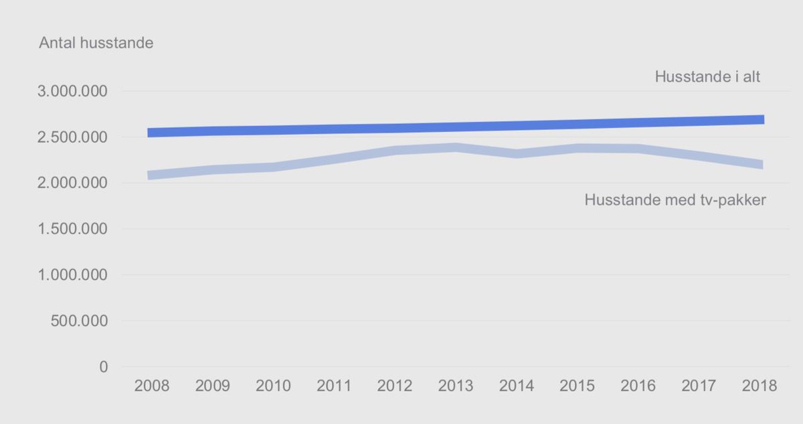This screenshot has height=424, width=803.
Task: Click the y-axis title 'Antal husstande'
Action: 96,43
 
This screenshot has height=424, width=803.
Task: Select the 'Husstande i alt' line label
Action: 707,77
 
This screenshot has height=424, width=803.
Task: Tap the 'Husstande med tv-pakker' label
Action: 675,200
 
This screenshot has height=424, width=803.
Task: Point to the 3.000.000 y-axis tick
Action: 72,91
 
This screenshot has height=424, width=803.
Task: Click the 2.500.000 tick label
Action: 72,137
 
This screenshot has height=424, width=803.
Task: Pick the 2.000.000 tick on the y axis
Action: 72,183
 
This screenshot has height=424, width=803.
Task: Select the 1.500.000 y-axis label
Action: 72,229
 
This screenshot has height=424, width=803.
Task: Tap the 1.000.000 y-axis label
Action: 72,275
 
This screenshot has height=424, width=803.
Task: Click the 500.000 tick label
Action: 79,321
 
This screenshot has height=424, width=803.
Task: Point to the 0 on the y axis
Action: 104,367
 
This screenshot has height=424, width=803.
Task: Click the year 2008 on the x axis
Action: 152,386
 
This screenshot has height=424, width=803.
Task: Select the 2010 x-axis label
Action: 273,386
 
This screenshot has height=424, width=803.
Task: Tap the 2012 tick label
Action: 395,386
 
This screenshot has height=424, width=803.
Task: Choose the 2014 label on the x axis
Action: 517,386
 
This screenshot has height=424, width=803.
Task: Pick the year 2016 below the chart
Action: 638,386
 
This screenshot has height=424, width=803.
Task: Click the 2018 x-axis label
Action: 760,386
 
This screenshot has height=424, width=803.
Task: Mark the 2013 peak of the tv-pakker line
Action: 456,147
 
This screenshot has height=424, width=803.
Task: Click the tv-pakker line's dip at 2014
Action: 517,154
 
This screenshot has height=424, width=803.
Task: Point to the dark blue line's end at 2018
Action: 764,119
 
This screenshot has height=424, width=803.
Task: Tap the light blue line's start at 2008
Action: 149,175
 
